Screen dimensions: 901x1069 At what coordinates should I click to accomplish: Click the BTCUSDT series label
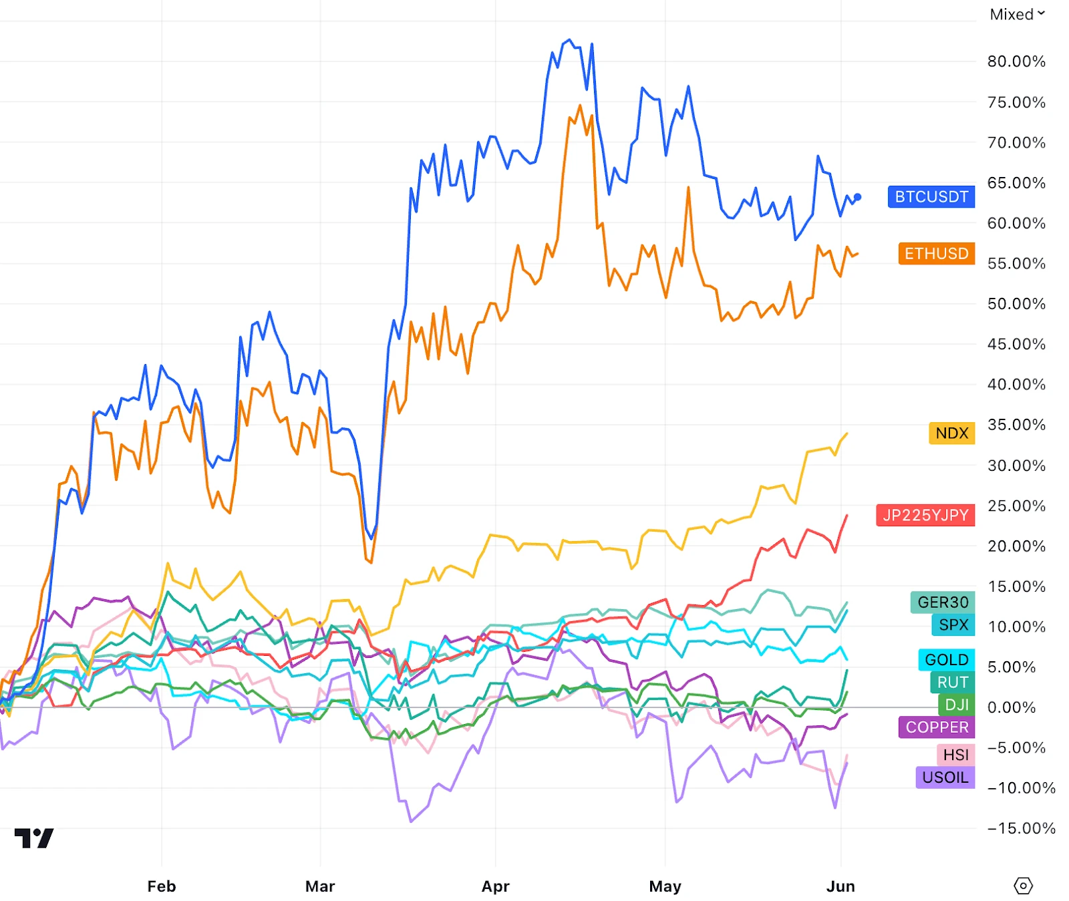coord(931,197)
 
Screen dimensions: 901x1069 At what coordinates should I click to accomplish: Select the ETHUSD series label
coord(936,254)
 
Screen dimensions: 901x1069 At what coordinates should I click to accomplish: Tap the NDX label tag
coord(951,433)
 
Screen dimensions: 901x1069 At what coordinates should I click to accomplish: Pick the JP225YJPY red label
coord(925,515)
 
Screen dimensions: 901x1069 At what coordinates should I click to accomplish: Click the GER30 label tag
coord(942,602)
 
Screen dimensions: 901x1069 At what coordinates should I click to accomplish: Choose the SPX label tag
coord(953,625)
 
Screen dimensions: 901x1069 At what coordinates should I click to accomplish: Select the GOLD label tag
coord(946,660)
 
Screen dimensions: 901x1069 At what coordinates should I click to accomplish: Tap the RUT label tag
coord(952,683)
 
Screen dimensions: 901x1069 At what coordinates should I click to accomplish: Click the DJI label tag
coord(956,705)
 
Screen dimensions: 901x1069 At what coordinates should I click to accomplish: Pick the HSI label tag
coord(955,755)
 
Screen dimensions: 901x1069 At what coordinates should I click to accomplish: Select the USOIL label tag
coord(945,777)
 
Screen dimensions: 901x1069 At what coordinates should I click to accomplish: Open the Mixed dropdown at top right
coord(1017,15)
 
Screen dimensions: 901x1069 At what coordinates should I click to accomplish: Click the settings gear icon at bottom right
coord(1023,886)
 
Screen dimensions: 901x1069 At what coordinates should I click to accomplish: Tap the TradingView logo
coord(34,838)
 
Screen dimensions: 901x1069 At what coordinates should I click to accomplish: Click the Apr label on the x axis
coord(495,886)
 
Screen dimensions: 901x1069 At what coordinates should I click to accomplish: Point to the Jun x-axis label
coord(840,886)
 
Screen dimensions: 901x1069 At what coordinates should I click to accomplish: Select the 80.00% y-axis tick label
coord(1016,61)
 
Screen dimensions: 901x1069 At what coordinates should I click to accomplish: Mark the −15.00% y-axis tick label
coord(1021,828)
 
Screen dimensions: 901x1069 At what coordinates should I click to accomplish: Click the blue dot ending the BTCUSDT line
coord(858,197)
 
